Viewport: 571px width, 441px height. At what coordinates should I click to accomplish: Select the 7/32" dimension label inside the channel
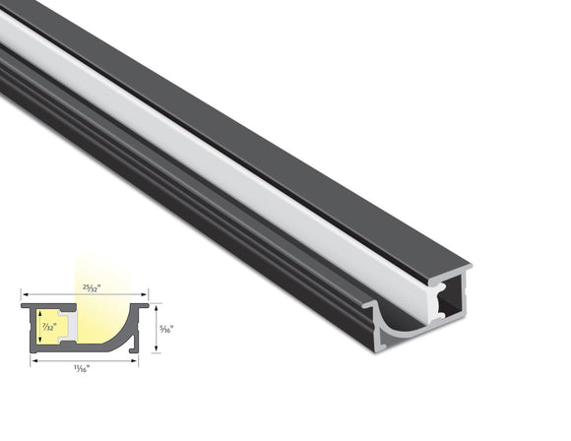pos(46,327)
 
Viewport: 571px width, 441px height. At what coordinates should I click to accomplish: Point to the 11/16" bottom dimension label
pos(83,367)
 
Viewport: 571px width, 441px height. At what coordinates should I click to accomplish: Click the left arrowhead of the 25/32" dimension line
pos(23,293)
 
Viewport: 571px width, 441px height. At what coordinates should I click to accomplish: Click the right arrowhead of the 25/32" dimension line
pos(147,293)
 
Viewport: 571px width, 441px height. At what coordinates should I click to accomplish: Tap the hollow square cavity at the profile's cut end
pos(448,300)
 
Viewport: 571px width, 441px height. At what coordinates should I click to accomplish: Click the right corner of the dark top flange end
pos(469,267)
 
